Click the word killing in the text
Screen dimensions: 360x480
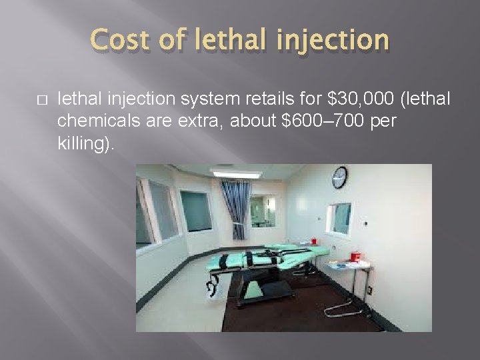(79, 143)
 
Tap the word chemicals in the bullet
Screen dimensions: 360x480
(90, 121)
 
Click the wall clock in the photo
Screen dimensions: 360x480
(339, 177)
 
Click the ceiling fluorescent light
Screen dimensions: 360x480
(237, 175)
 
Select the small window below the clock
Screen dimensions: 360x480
(339, 219)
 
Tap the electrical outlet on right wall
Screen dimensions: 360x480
(369, 291)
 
